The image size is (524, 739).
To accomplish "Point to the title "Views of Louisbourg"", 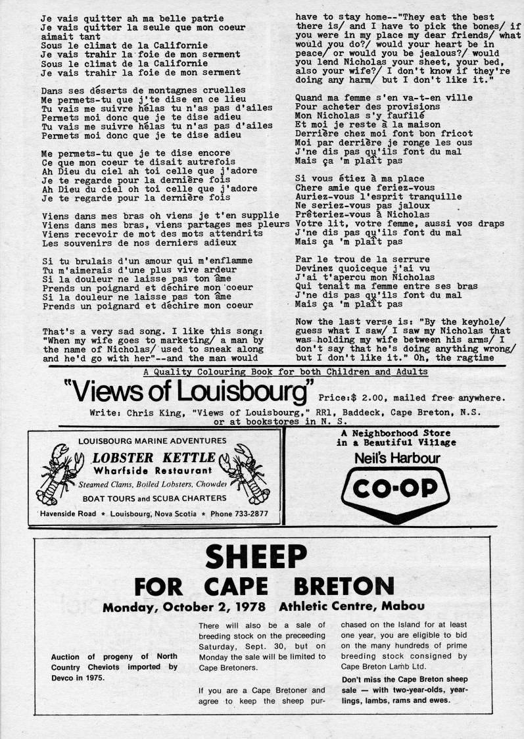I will pos(187,393).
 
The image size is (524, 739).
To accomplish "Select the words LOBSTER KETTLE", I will pos(154,458).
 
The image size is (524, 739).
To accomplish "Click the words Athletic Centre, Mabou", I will pos(351,606).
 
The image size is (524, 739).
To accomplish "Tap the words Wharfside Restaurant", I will pos(153,471).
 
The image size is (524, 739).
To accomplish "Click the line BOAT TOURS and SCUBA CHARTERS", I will pos(154,498).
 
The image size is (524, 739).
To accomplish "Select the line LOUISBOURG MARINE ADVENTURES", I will pos(154,441).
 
